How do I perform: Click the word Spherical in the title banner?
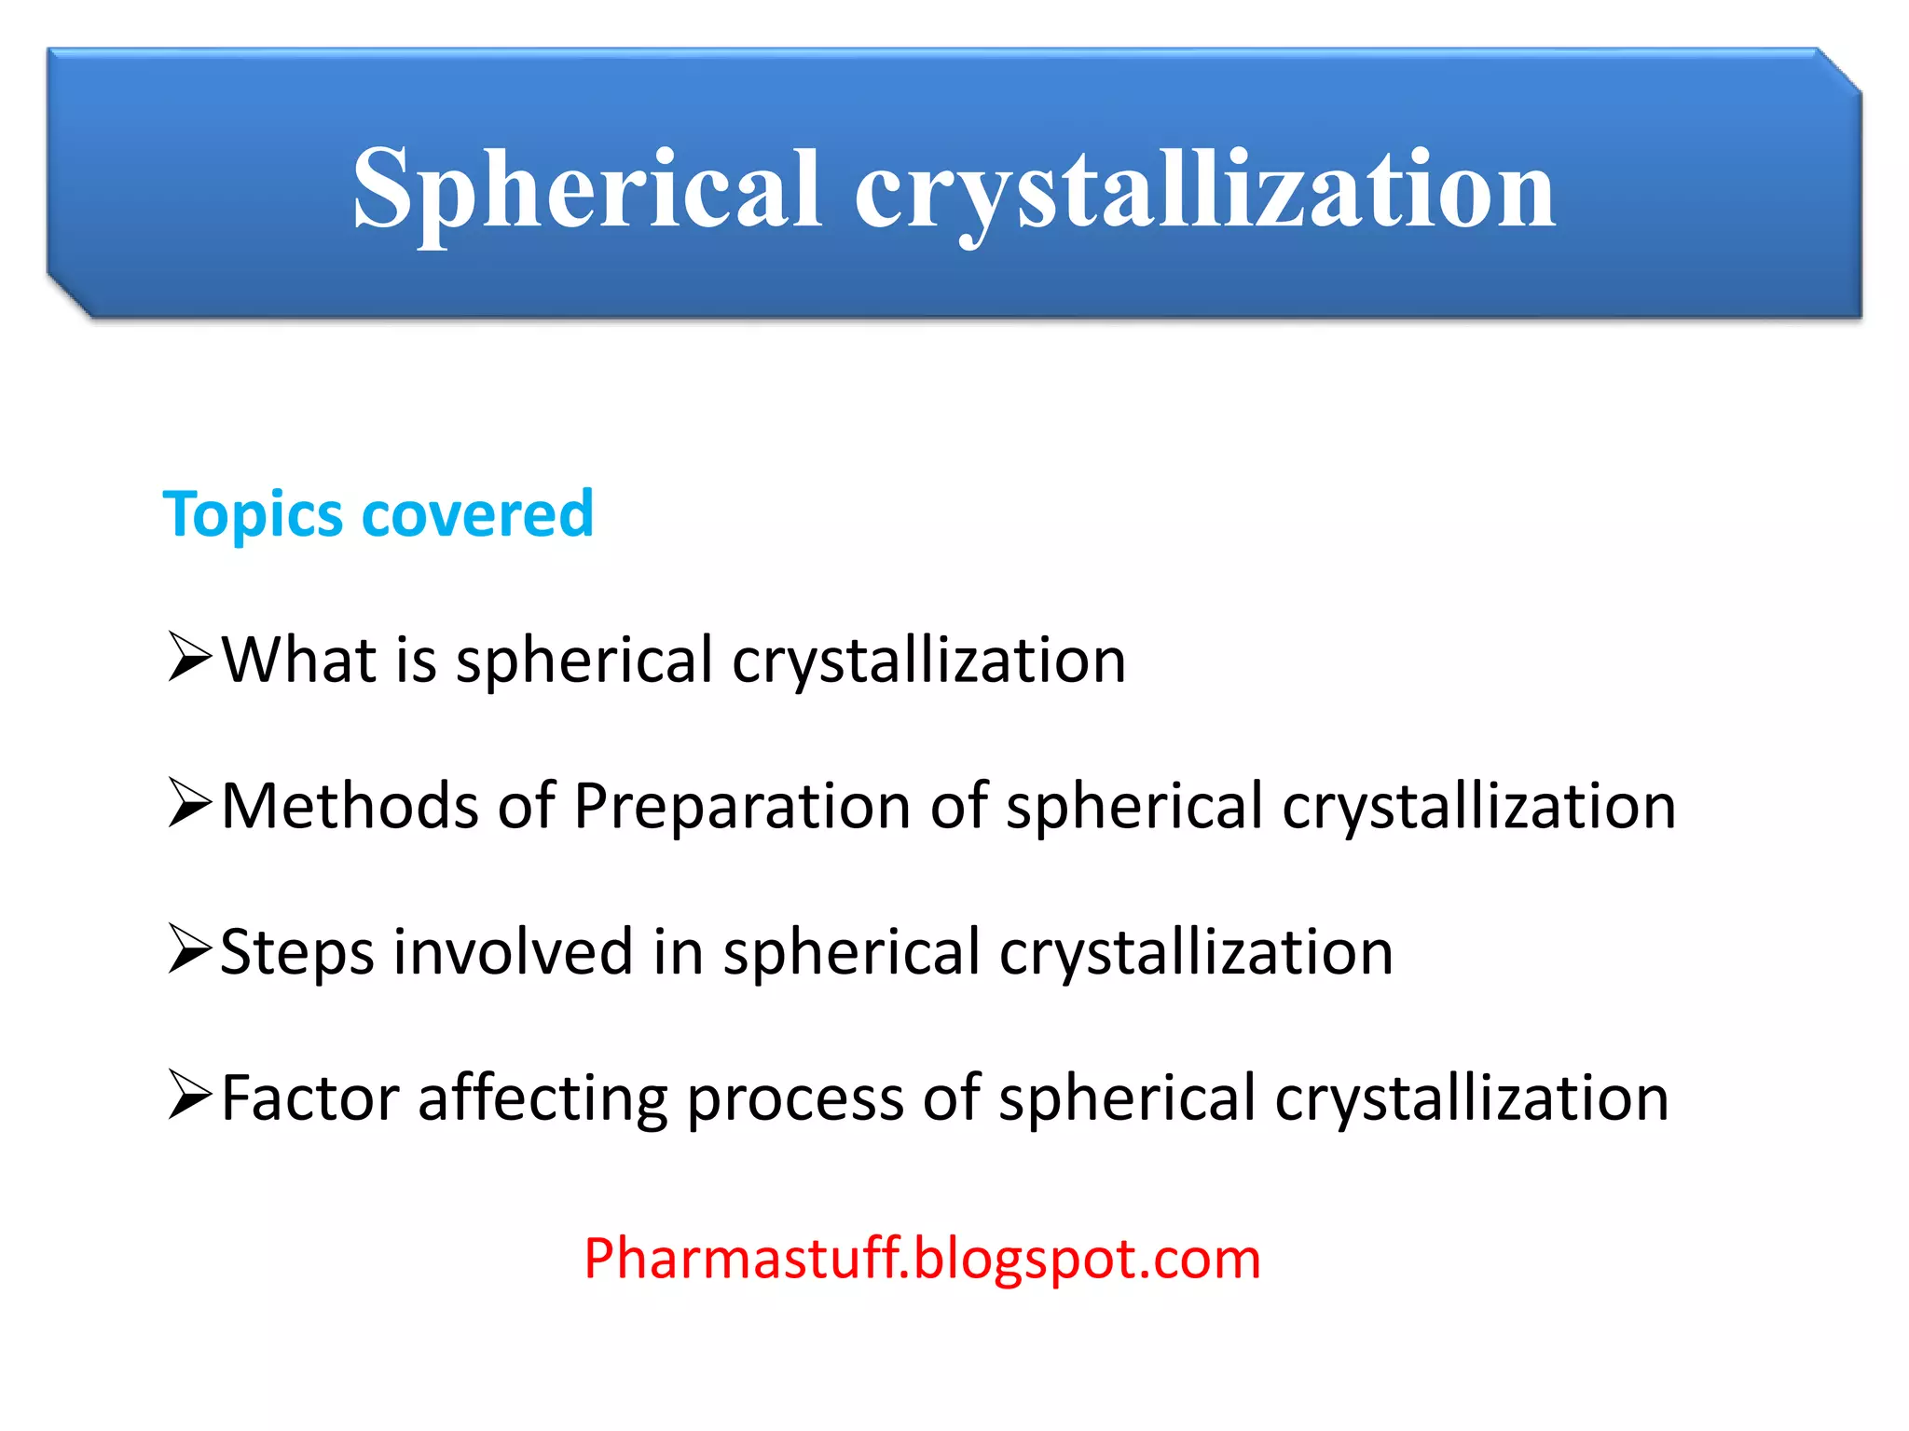coord(587,191)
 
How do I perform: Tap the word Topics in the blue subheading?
coord(252,515)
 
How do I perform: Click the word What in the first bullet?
coord(298,660)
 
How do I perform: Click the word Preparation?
coord(742,806)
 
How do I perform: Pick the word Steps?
coord(296,952)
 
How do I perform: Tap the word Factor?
coord(309,1097)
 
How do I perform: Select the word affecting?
coord(542,1097)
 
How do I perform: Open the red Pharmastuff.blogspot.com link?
coord(922,1259)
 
